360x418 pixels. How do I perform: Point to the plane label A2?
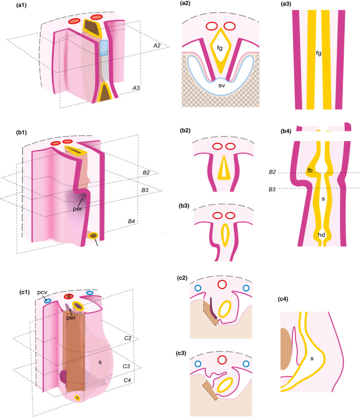pyautogui.click(x=147, y=45)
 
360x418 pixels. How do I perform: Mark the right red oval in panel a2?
pyautogui.click(x=230, y=26)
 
